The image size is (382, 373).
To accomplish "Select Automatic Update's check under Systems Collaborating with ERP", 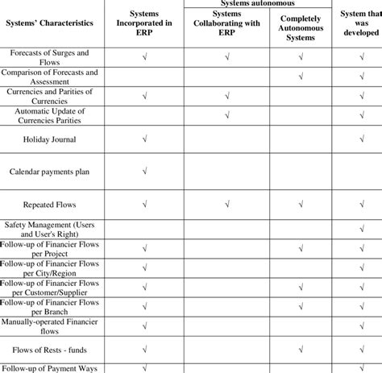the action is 227,115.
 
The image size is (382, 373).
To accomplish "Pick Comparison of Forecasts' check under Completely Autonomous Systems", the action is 298,77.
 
